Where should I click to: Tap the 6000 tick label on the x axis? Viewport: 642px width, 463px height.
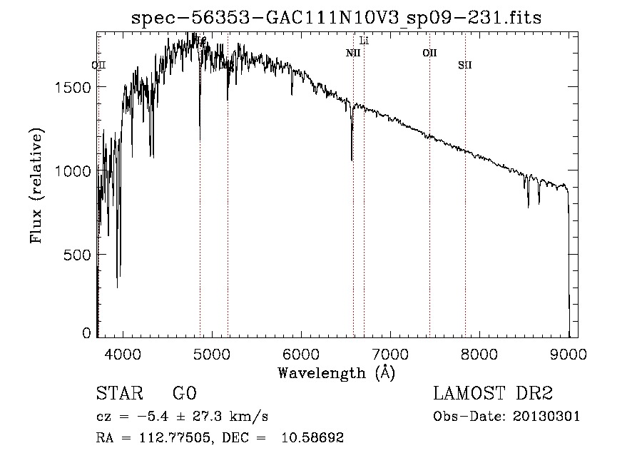point(300,352)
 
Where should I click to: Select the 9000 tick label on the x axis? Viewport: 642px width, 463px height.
point(569,352)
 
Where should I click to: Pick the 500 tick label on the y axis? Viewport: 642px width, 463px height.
point(80,255)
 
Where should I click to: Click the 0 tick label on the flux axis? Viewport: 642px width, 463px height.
point(87,333)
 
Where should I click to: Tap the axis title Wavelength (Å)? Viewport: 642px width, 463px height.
point(336,372)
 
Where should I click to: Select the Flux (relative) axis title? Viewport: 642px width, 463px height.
point(37,185)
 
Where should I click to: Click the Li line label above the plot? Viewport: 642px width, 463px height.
point(364,41)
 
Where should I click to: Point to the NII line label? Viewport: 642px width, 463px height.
point(353,53)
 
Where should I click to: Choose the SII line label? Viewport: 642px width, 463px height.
point(465,65)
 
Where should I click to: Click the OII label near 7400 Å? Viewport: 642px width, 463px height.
point(429,53)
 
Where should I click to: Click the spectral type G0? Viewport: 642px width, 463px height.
point(184,395)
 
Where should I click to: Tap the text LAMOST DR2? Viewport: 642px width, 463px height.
point(493,395)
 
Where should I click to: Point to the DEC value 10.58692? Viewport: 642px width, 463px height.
point(313,438)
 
